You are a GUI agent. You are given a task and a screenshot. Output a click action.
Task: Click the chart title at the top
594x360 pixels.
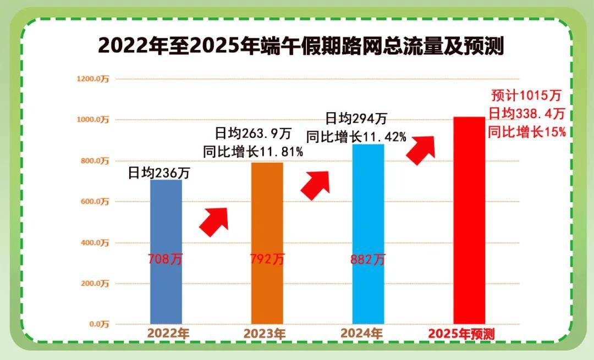pos(301,46)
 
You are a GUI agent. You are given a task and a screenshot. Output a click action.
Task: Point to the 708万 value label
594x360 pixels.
pos(165,259)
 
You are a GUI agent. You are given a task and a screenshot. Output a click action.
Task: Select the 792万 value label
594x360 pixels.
pos(267,259)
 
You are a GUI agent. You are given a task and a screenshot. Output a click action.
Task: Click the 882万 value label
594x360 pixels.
pos(368,259)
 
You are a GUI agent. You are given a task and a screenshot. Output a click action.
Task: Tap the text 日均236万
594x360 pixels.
pos(159,173)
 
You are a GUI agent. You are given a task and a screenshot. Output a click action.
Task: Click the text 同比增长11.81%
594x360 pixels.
pos(253,152)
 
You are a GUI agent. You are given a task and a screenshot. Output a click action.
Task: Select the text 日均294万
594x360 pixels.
pos(356,118)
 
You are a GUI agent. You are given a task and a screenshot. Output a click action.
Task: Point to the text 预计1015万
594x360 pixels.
pos(526,96)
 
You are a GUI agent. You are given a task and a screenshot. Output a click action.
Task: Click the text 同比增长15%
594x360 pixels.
pos(526,132)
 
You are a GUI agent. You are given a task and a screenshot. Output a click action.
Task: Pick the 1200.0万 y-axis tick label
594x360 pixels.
pos(93,79)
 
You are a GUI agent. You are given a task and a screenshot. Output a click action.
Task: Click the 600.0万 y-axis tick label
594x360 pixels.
pos(95,202)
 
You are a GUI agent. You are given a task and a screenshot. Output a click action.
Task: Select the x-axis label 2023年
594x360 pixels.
pos(265,334)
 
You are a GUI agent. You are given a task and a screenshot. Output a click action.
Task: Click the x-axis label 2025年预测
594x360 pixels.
pos(461,334)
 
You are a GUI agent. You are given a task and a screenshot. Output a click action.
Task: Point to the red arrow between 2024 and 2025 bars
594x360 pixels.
pos(421,149)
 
